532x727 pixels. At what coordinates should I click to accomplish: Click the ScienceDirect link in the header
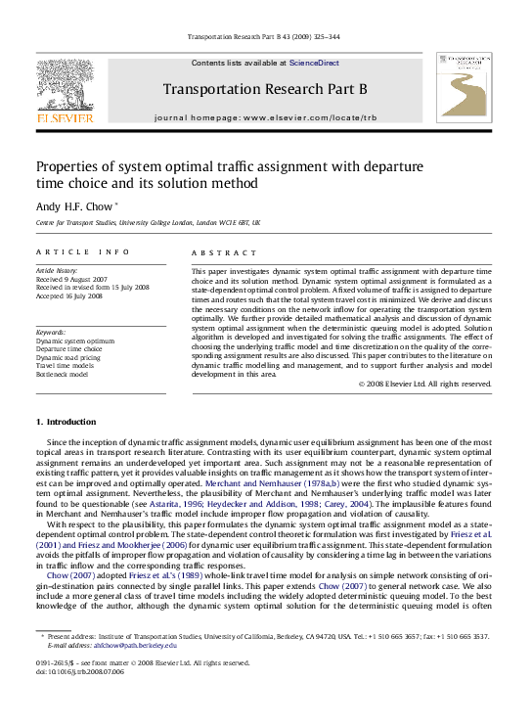(314, 63)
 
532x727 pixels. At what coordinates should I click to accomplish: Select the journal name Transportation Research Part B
(265, 90)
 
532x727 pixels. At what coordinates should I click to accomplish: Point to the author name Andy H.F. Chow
(74, 206)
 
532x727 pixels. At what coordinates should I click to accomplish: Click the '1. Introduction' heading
(66, 422)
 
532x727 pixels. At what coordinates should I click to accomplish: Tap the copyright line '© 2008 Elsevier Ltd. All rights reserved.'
(424, 384)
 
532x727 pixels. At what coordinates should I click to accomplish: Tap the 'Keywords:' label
(51, 332)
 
